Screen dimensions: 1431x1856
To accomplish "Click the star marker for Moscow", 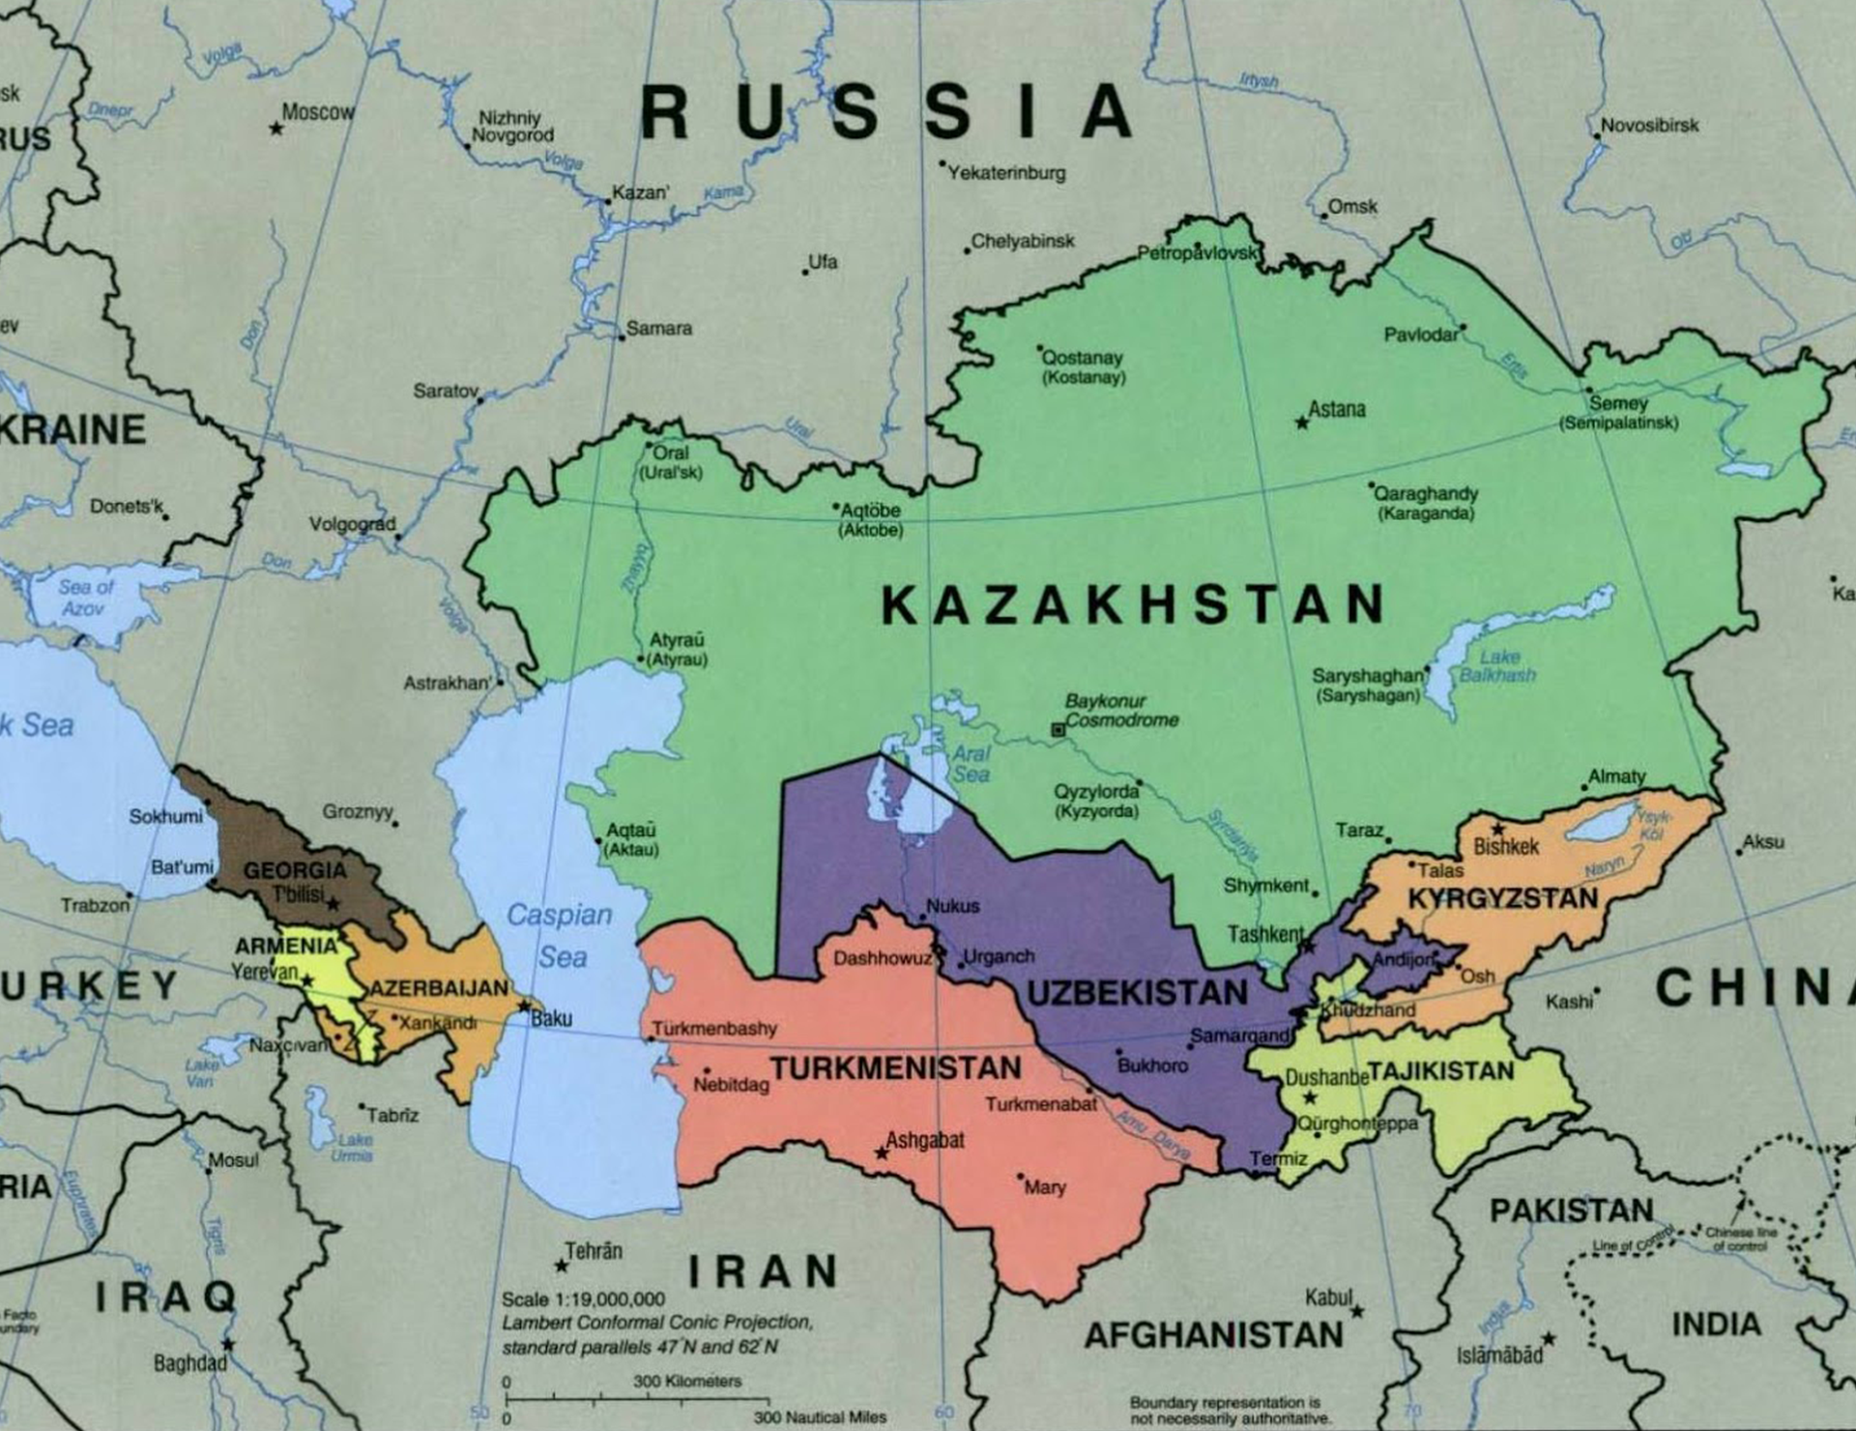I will click(x=276, y=128).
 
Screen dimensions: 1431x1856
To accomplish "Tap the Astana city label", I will click(x=1337, y=409).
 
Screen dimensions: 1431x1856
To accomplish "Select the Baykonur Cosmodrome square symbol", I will click(x=1058, y=730).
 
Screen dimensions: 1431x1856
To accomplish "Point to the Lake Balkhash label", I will click(x=1497, y=666).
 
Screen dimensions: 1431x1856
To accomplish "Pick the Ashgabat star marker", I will click(x=881, y=1154).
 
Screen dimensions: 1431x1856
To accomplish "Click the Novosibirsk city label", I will click(x=1649, y=125).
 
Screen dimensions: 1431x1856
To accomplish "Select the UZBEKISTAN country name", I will click(x=1137, y=993).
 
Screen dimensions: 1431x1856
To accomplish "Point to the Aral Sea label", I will click(x=971, y=764).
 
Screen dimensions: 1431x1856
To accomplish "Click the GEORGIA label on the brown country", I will click(x=294, y=870).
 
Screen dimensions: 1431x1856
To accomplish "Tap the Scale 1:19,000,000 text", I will click(x=583, y=1299).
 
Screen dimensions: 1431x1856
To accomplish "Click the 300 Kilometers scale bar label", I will click(x=687, y=1381).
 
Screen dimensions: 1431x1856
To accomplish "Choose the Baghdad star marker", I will click(x=228, y=1344).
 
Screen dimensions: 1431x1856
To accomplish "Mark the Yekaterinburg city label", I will click(x=1006, y=173).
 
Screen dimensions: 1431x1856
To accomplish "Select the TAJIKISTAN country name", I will click(x=1440, y=1070).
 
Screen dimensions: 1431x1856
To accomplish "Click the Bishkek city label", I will click(x=1506, y=847).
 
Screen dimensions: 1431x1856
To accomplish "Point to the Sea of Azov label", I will click(x=85, y=598).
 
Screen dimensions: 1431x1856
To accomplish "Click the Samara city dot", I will click(x=622, y=336).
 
